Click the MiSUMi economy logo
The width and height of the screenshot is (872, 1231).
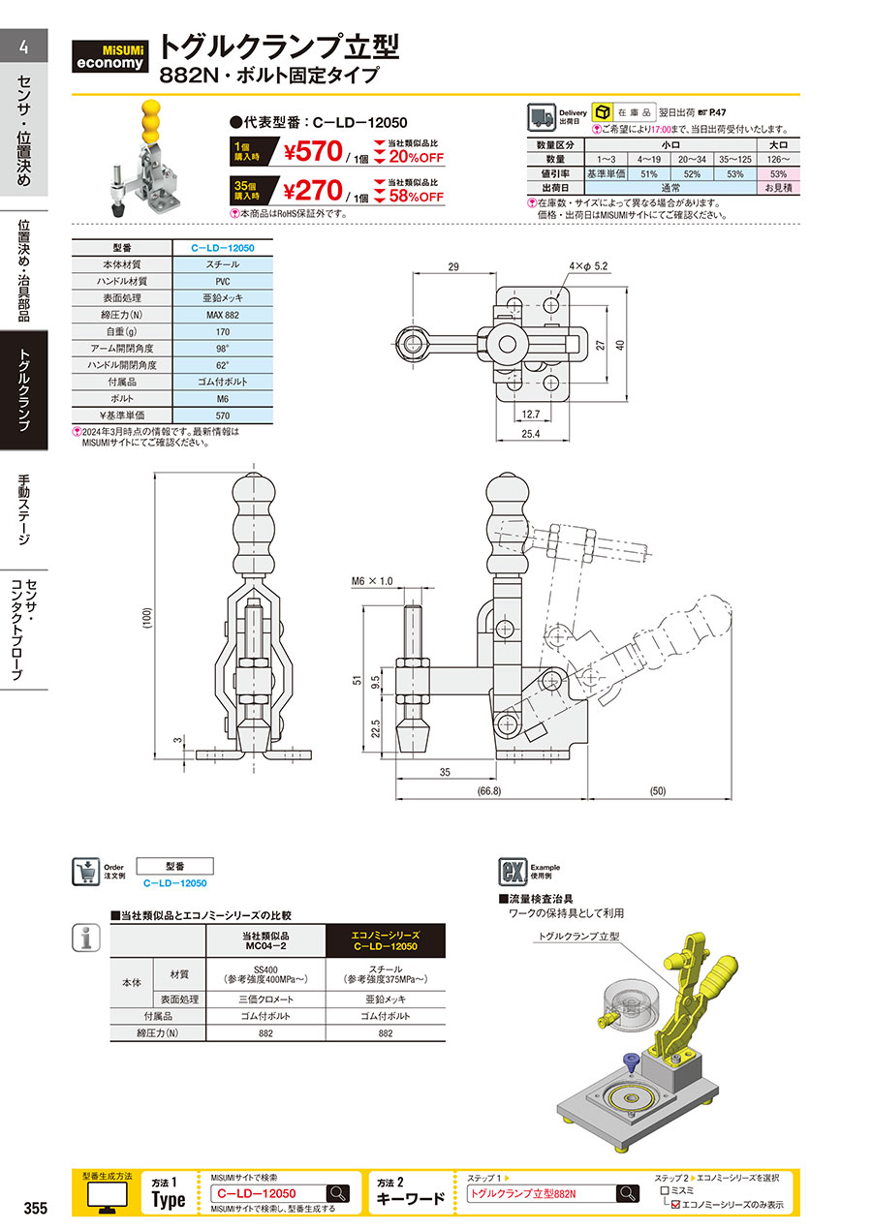[x=109, y=56]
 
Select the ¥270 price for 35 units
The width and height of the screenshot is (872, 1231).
[x=313, y=191]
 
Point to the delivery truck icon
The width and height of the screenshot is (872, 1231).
[x=542, y=117]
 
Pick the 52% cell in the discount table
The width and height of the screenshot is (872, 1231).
[x=692, y=174]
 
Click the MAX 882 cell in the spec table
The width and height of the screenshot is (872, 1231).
[x=223, y=315]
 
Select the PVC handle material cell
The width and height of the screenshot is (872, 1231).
[x=223, y=282]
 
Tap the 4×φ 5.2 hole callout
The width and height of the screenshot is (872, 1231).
[x=588, y=266]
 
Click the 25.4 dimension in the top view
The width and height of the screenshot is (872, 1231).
[x=531, y=434]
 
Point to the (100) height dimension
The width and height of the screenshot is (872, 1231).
[x=147, y=618]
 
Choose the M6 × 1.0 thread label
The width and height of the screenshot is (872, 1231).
[x=372, y=581]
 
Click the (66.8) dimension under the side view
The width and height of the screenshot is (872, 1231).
[x=489, y=791]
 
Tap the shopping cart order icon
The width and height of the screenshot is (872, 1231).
[x=86, y=872]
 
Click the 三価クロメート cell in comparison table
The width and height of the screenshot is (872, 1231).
[x=265, y=1000]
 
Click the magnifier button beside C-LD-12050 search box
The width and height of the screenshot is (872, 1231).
[x=339, y=1193]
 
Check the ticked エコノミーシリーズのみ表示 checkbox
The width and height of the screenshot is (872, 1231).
[x=676, y=1205]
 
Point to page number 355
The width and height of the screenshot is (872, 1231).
[x=36, y=1208]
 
